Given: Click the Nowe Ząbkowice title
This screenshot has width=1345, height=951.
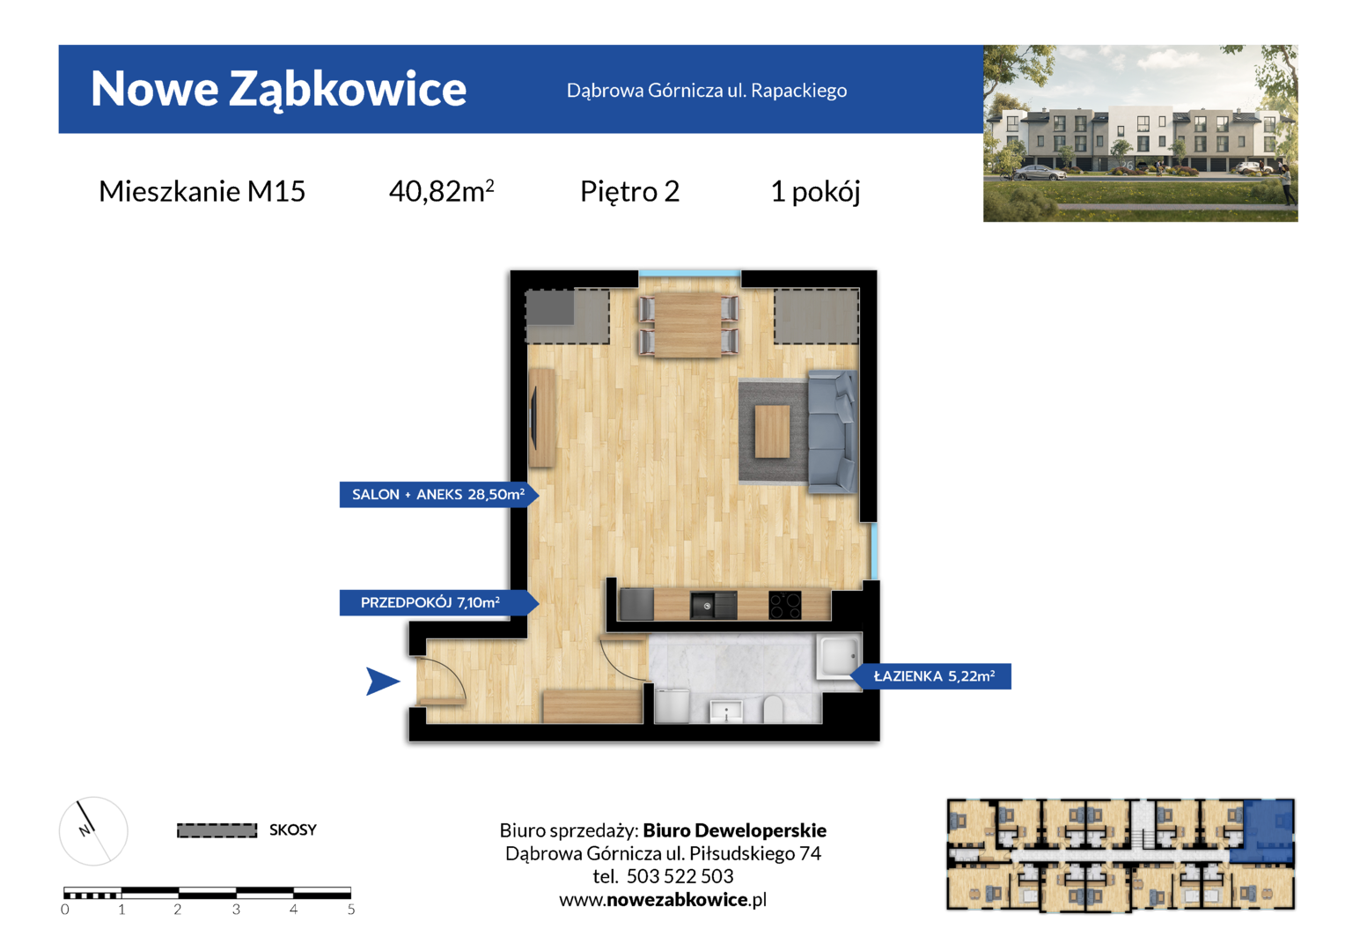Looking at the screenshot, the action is coord(279,90).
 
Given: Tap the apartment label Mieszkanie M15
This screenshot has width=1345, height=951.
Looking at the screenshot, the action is coord(202,192).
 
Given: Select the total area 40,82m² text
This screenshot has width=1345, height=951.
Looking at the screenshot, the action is coord(441,191).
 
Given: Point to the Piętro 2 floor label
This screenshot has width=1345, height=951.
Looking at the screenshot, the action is coord(630,192).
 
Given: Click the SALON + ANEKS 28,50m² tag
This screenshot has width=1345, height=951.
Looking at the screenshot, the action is coord(438,494).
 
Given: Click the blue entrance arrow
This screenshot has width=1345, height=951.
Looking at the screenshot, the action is coord(383,682).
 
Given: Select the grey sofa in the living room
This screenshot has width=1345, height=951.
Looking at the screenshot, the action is coord(832,432).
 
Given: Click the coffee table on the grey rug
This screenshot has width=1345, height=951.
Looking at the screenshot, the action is coord(772,431).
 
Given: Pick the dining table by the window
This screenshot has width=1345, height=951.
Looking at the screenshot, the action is coord(687,325).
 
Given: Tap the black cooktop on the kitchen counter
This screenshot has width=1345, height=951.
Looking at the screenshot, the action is coord(785,606).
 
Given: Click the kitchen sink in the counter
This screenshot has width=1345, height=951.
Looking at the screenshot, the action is coord(713,606).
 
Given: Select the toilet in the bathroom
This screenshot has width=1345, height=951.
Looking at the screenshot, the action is coord(774,710).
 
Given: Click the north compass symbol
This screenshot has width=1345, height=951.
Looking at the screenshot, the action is coord(93,831).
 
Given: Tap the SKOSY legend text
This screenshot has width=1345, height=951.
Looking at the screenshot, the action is coord(292,830).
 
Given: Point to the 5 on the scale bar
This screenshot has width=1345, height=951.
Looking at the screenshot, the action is coord(351,910).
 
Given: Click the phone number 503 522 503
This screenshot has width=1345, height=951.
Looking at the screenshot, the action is coord(680,876).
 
